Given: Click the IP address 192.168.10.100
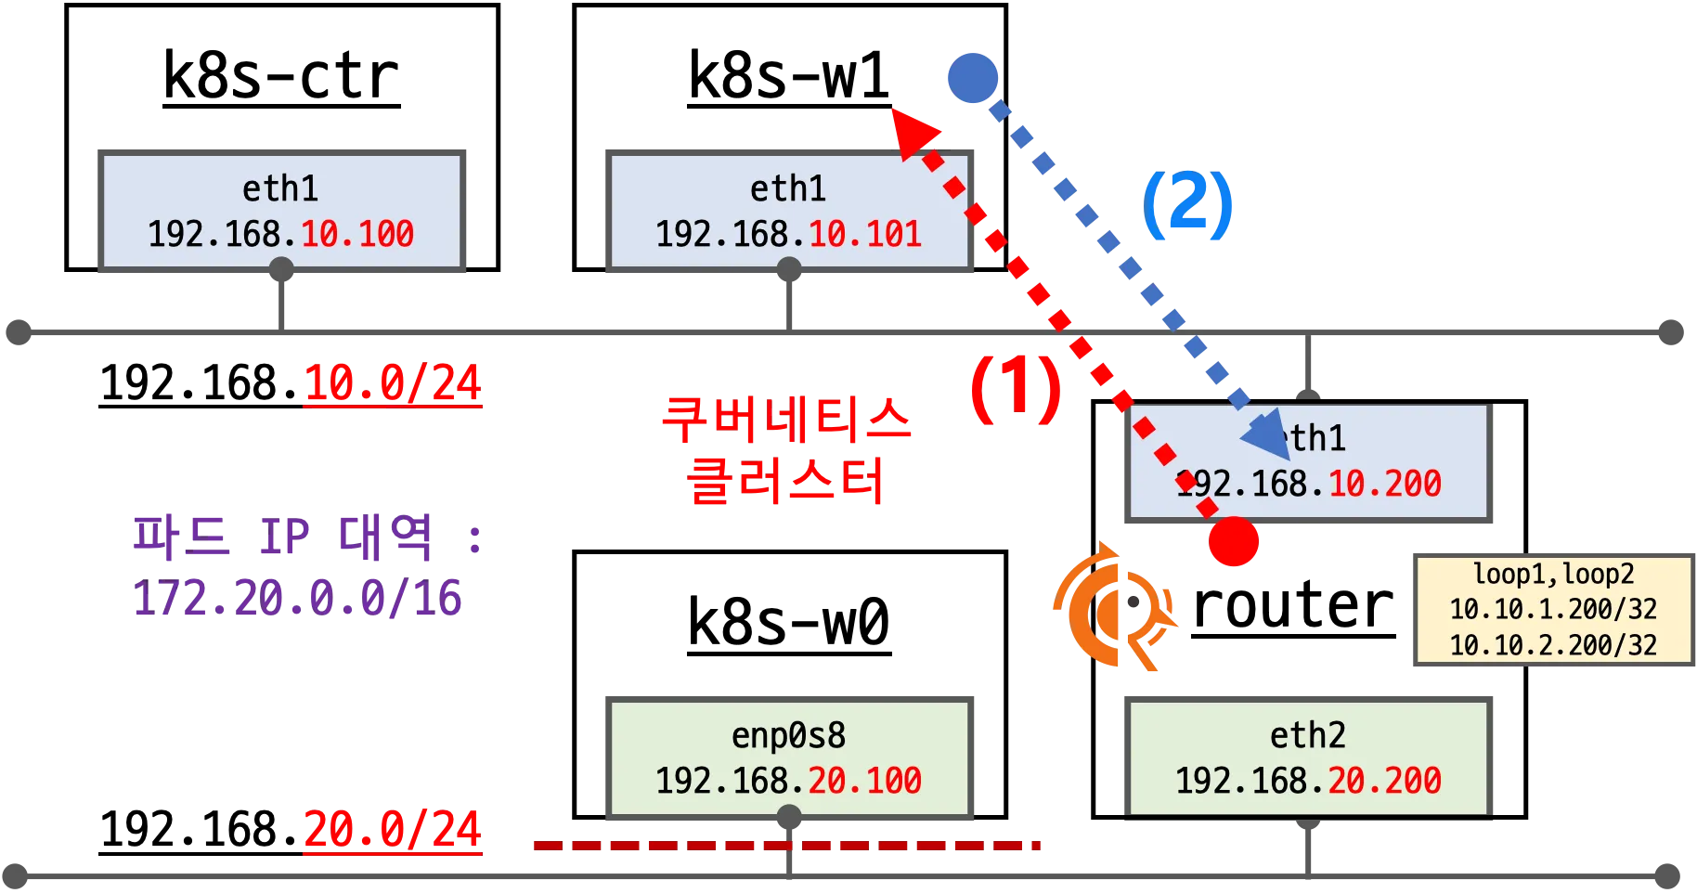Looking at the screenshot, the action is click(280, 234).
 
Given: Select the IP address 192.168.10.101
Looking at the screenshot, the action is click(788, 234).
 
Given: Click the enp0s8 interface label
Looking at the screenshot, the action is click(788, 735).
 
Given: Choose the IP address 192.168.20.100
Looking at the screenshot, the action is click(788, 781).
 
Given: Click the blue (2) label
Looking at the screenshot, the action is click(1186, 206).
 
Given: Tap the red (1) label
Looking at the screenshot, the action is click(1014, 388).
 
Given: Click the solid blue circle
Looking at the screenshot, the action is click(972, 79).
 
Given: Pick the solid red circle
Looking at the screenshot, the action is click(1234, 540).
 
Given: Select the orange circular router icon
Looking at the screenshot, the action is click(1111, 607).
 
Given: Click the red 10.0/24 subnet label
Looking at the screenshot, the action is click(393, 384).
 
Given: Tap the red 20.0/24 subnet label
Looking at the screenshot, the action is click(393, 830).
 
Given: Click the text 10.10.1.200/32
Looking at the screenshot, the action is click(1553, 609).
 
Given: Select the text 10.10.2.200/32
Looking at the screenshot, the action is click(1553, 644).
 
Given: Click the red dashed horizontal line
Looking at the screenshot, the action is click(787, 846).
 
